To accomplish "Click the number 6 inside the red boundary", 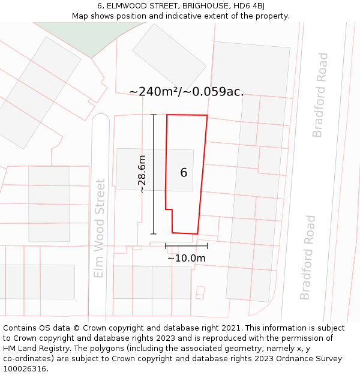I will click(x=184, y=173).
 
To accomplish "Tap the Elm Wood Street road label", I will click(x=100, y=228).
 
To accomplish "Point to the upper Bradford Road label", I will click(x=321, y=95).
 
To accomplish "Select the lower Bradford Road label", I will click(x=307, y=257).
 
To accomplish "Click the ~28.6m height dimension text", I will click(x=142, y=174).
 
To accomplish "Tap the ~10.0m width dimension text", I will click(x=186, y=259).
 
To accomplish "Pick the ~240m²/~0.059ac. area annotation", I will click(x=186, y=92).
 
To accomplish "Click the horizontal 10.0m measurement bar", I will click(x=186, y=245).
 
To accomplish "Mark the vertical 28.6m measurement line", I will click(x=154, y=174).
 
